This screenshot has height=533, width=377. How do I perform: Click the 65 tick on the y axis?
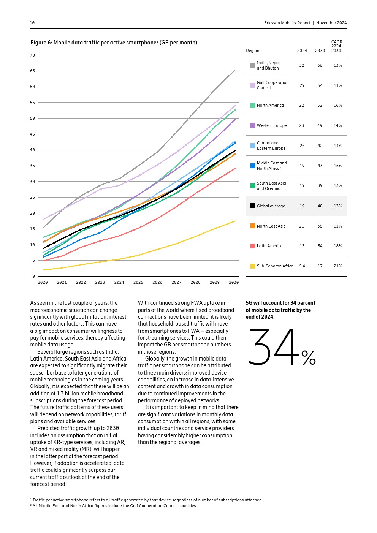(32, 71)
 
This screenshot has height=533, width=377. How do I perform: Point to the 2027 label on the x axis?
(176, 282)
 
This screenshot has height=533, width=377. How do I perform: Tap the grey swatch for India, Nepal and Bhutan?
(253, 65)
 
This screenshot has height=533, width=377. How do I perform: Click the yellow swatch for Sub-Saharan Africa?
(253, 266)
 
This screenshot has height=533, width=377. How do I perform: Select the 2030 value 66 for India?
(320, 65)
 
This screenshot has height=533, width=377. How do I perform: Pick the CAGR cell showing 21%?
(337, 266)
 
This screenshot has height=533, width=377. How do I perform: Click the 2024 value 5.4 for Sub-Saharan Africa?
(302, 266)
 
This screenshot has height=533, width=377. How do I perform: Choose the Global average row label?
(271, 206)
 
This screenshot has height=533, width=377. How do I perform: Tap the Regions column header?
(253, 51)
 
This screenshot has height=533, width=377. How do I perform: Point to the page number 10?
(32, 23)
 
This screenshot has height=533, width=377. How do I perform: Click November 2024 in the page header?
(331, 23)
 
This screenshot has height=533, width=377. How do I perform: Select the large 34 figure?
(274, 348)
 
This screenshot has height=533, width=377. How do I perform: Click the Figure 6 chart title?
(114, 43)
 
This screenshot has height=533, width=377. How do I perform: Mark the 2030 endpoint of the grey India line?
(235, 70)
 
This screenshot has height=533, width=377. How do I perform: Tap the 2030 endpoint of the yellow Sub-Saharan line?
(235, 221)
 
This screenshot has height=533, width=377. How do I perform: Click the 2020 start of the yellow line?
(43, 270)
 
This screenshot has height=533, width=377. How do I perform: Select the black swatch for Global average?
(253, 206)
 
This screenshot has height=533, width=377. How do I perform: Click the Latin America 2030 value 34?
(320, 246)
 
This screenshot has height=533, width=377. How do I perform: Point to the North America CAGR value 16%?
(337, 105)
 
